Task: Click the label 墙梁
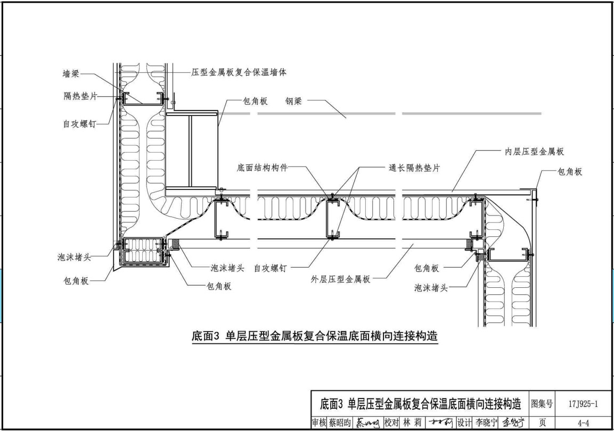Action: point(71,74)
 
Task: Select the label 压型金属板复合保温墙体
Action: point(239,72)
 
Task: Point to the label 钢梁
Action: point(293,101)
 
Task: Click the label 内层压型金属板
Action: point(534,152)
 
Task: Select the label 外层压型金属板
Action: point(341,279)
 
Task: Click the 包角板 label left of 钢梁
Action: point(255,101)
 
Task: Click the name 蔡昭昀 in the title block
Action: point(339,423)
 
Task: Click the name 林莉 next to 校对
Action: point(407,423)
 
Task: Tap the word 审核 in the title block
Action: point(318,423)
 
